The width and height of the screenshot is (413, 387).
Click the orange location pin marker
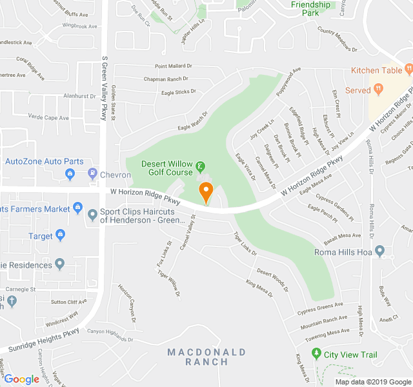click(206, 192)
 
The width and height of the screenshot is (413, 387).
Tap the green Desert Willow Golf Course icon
click(200, 167)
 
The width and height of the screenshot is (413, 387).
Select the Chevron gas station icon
click(93, 174)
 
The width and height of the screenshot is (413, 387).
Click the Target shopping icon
click(61, 235)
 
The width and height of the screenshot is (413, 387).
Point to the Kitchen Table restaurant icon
click(408, 70)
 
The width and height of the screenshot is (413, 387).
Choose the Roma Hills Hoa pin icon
click(379, 251)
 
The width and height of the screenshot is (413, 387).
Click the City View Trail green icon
click(316, 353)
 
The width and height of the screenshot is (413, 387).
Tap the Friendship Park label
click(310, 8)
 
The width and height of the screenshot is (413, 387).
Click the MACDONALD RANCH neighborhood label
click(206, 357)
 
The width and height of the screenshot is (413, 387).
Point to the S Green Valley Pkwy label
click(104, 87)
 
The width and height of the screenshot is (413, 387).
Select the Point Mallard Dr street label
click(174, 66)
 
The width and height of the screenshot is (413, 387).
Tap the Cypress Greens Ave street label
click(320, 308)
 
